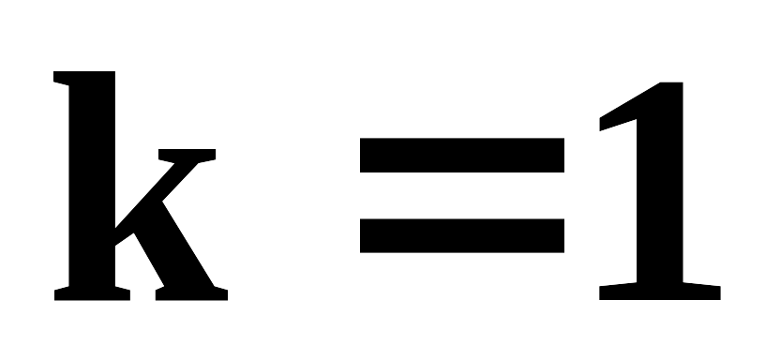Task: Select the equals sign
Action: coord(462,195)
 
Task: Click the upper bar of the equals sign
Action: coord(462,155)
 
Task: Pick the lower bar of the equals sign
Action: coord(462,235)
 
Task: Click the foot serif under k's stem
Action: coord(92,293)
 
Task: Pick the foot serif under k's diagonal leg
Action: coord(191,293)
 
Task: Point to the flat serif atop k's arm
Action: coord(187,155)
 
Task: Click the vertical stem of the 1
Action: coord(660,184)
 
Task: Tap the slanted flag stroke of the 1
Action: coord(629,107)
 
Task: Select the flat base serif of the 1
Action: coord(660,292)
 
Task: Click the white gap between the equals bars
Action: coord(462,195)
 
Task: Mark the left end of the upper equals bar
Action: coord(360,155)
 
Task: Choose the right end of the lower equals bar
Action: coord(564,235)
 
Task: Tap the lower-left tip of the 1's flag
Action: coord(600,130)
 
